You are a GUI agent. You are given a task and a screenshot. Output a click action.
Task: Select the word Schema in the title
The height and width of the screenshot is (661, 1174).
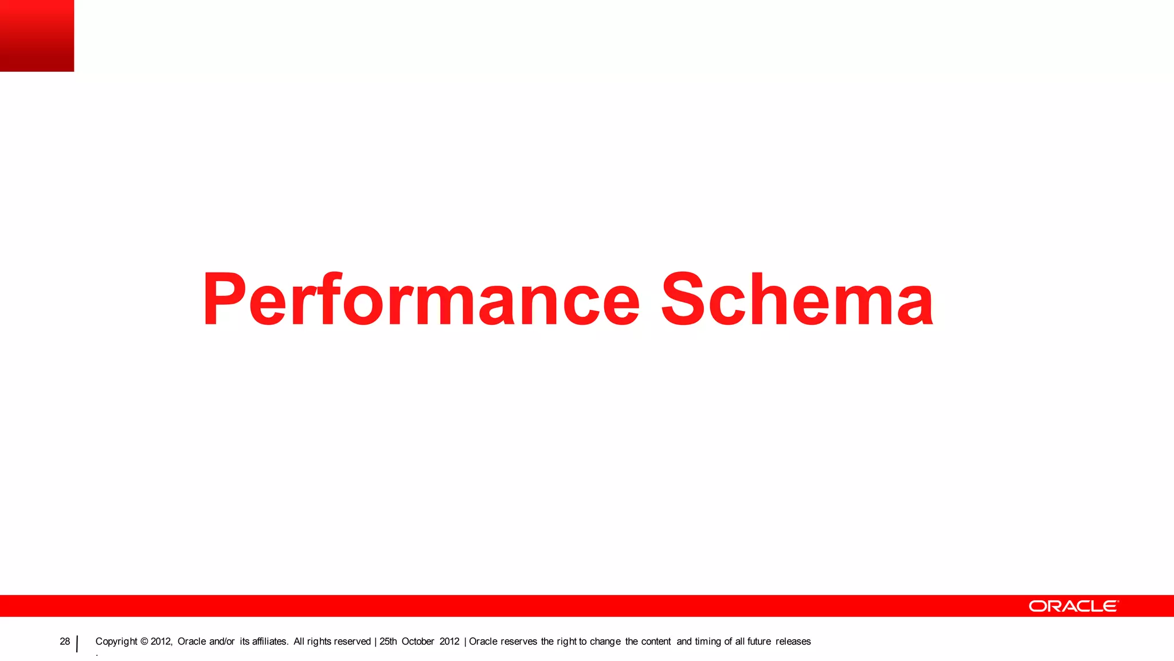tap(797, 300)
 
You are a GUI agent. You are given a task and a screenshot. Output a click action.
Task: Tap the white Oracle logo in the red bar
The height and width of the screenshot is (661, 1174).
tap(1073, 606)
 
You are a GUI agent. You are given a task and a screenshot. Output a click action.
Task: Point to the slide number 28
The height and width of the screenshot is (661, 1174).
tap(65, 641)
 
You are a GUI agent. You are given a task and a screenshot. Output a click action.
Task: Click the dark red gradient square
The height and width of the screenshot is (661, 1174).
tap(37, 36)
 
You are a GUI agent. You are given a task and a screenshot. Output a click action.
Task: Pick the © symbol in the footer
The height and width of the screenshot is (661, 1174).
tap(144, 641)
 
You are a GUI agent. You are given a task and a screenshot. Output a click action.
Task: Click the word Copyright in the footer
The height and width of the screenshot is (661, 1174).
tap(116, 641)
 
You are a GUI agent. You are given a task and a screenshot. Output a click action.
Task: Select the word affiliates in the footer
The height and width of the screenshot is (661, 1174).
tap(270, 641)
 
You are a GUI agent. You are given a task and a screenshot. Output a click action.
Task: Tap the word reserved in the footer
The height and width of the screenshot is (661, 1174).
tap(351, 641)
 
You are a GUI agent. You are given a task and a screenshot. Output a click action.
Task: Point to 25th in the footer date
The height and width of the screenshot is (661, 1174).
tap(388, 641)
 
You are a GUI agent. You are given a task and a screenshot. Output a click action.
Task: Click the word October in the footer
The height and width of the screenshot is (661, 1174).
tap(418, 641)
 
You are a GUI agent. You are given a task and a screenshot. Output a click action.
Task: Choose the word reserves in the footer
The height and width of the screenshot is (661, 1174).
tap(519, 641)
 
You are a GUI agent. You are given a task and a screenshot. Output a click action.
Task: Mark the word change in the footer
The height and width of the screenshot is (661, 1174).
tap(605, 641)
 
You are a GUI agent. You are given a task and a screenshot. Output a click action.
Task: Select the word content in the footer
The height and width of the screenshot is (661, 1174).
tap(656, 641)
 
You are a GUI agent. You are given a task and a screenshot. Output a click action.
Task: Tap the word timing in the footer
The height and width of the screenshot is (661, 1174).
tap(708, 641)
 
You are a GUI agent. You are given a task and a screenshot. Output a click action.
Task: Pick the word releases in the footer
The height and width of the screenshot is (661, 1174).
tap(793, 641)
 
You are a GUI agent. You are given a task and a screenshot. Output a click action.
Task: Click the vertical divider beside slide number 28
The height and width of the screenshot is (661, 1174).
tap(77, 644)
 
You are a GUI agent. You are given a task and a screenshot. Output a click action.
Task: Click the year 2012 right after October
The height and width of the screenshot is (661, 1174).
tap(449, 641)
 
